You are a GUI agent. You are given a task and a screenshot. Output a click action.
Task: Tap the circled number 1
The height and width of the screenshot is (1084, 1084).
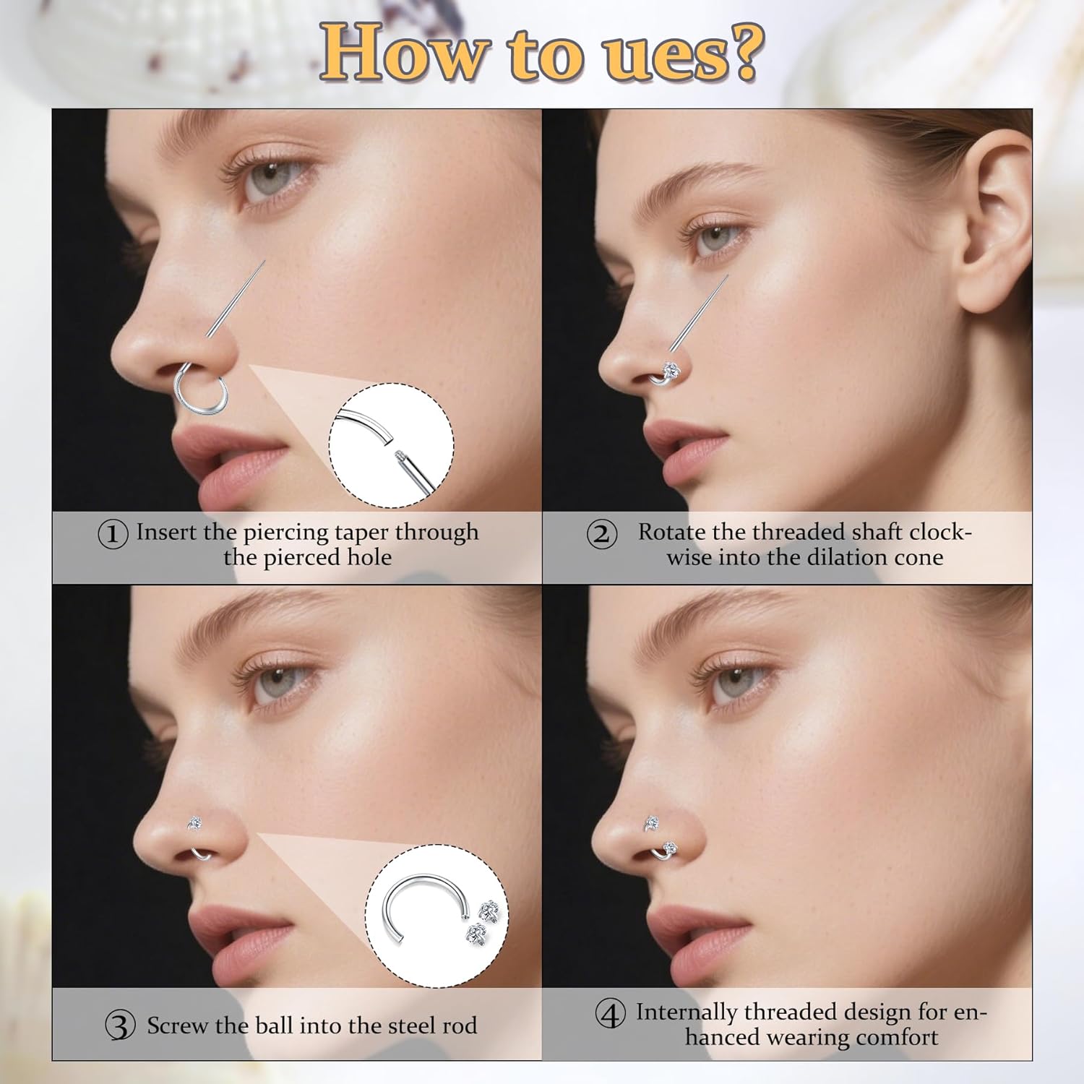[x=113, y=534]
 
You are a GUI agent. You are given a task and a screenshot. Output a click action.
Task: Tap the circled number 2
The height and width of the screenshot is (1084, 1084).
[x=601, y=535]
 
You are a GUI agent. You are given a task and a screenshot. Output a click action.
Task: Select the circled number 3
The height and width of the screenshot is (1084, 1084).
[x=120, y=1025]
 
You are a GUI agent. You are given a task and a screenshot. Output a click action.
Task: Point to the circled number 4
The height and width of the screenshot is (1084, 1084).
[x=610, y=1014]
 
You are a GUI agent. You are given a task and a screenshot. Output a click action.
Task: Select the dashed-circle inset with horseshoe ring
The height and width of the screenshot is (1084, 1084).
[x=436, y=916]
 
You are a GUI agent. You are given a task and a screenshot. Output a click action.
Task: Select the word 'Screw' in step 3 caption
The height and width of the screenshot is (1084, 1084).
[x=178, y=1025]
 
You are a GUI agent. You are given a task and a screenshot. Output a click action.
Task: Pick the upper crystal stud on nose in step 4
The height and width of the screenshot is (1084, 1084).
[x=651, y=822]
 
